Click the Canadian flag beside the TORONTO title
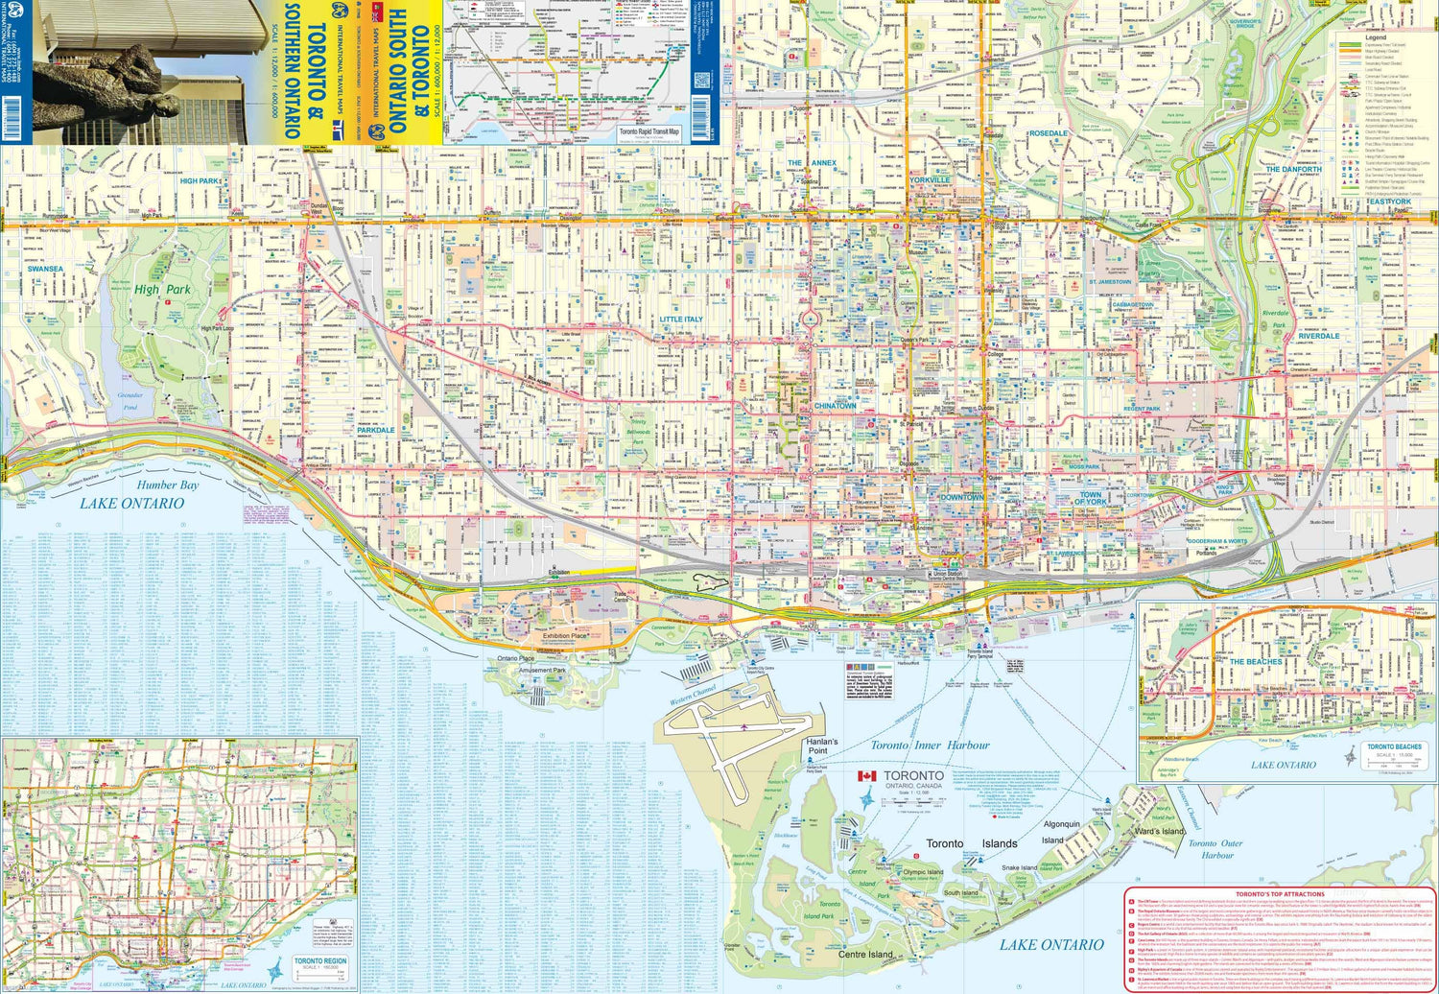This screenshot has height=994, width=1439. [866, 776]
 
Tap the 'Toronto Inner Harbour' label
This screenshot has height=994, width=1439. [929, 745]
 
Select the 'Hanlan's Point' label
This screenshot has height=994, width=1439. [821, 746]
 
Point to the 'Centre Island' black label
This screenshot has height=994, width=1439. [865, 955]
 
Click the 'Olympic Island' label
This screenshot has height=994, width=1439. [922, 872]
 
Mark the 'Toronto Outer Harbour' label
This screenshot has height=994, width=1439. [1216, 849]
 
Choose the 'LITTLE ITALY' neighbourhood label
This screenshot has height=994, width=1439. [680, 319]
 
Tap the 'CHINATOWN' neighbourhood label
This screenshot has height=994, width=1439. [835, 406]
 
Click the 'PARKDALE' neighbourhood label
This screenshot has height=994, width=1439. [375, 431]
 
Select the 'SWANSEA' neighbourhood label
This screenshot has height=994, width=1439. [45, 270]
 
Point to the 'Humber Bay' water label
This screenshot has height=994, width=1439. [167, 485]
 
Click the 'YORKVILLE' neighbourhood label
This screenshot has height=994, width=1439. [929, 180]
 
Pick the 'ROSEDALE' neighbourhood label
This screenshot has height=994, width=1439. [1048, 133]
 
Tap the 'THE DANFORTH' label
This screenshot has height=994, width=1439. [1292, 170]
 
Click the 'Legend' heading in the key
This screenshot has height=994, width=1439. [1375, 37]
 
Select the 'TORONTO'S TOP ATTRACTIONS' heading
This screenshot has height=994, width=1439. [1280, 894]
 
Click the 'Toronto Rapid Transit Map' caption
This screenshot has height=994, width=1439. [649, 131]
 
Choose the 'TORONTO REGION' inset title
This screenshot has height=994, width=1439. [320, 960]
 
